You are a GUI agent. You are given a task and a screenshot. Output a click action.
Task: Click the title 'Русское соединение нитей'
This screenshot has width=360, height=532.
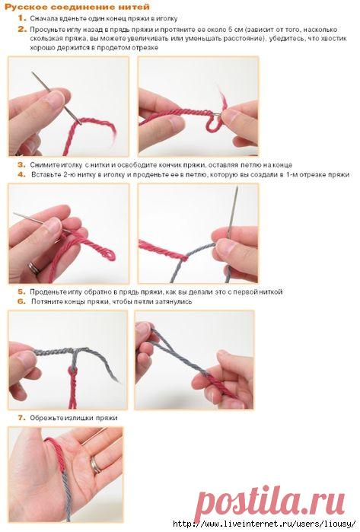(77, 7)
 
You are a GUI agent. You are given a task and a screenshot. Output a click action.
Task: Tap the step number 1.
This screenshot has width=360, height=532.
(22, 18)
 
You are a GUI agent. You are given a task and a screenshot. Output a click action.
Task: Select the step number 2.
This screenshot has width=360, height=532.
(22, 30)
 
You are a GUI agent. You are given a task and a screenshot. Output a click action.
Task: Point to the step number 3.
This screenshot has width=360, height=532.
(22, 165)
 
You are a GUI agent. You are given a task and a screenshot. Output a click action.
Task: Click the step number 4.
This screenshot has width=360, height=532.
(22, 174)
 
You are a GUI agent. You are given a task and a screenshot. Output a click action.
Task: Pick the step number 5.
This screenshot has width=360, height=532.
(22, 291)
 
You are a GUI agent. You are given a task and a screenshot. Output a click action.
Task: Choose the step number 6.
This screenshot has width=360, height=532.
(22, 301)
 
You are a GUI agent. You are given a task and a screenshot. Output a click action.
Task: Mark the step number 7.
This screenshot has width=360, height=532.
(22, 418)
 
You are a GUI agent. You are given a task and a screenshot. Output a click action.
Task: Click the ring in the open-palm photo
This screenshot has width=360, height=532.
(95, 465)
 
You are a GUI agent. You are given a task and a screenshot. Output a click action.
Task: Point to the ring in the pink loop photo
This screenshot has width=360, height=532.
(34, 268)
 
